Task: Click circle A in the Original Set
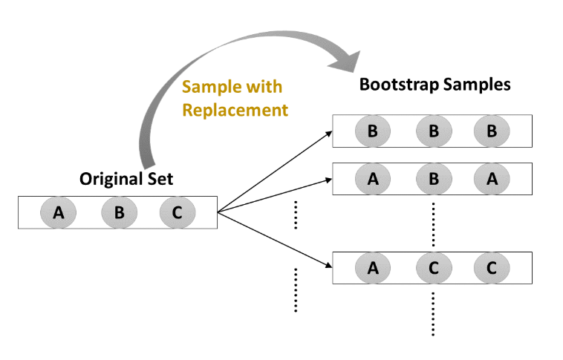pyautogui.click(x=58, y=213)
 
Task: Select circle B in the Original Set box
pyautogui.click(x=118, y=213)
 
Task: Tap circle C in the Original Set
pyautogui.click(x=177, y=213)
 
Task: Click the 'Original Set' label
pyautogui.click(x=126, y=179)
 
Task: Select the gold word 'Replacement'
pyautogui.click(x=235, y=111)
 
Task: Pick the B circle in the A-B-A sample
pyautogui.click(x=433, y=178)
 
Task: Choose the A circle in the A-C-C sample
pyautogui.click(x=373, y=268)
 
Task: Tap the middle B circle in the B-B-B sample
pyautogui.click(x=433, y=131)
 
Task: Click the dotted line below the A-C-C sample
pyautogui.click(x=433, y=312)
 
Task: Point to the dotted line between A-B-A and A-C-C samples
pyautogui.click(x=433, y=223)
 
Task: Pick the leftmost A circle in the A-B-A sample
pyautogui.click(x=373, y=178)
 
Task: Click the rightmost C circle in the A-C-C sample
pyautogui.click(x=492, y=268)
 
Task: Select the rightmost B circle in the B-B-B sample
pyautogui.click(x=492, y=131)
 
